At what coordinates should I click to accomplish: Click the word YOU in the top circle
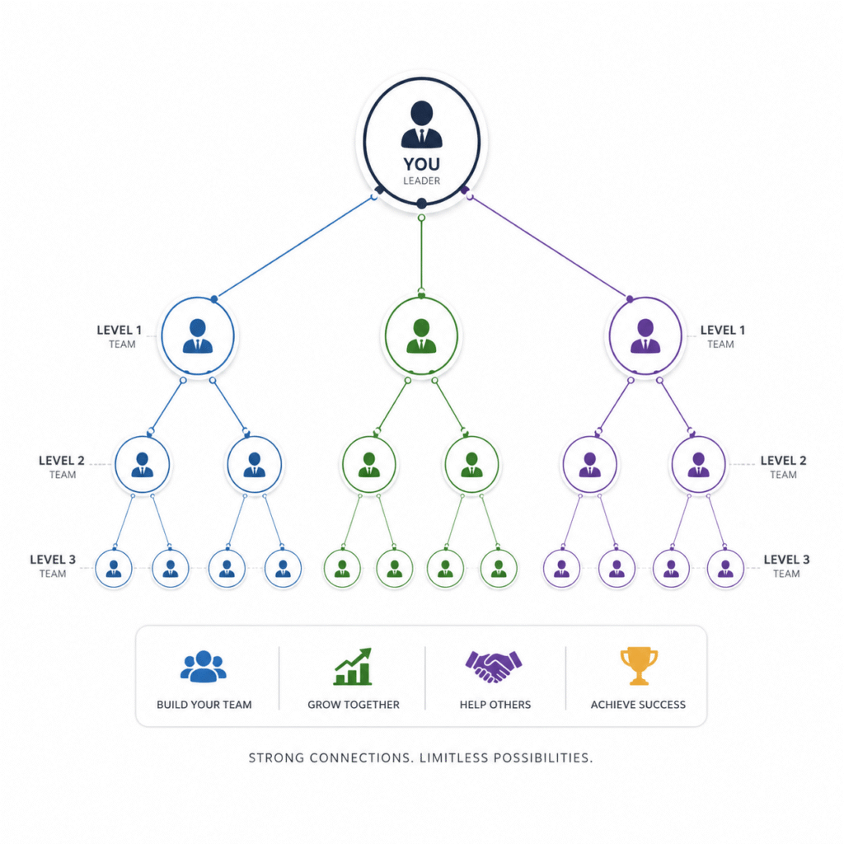[x=421, y=164]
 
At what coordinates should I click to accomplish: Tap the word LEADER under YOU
[x=421, y=181]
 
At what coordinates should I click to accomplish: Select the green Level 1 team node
[x=421, y=335]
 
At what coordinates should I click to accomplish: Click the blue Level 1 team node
[x=198, y=335]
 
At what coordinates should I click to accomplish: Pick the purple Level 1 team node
[x=645, y=335]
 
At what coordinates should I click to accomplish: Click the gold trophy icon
[x=639, y=666]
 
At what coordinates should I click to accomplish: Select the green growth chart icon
[x=353, y=666]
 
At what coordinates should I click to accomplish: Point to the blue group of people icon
[x=204, y=666]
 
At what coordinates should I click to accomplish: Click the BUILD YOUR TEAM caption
[x=204, y=705]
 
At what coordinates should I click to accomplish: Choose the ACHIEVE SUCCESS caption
[x=638, y=705]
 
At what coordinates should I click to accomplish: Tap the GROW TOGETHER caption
[x=353, y=705]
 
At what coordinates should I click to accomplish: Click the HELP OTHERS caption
[x=495, y=705]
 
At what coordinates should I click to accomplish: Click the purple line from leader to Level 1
[x=550, y=247]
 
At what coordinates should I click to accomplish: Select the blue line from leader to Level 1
[x=294, y=247]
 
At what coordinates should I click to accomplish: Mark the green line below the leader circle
[x=421, y=256]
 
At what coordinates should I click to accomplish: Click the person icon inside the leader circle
[x=421, y=124]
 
